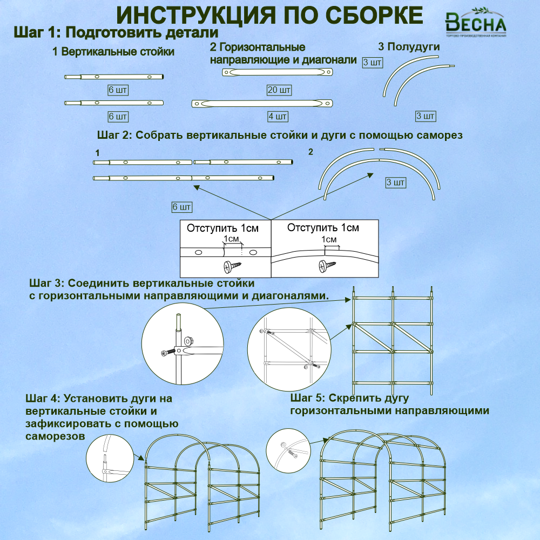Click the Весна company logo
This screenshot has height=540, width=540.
pos(476,22)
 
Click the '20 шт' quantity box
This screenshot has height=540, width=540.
pos(279,90)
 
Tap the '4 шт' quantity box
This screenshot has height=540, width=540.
pos(278,117)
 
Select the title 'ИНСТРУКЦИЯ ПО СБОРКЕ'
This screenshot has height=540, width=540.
pos(269,15)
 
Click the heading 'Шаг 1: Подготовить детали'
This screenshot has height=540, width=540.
pos(116,33)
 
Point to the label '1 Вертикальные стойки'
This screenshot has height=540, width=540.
pos(113,52)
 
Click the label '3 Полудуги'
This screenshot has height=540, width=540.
pos(409,46)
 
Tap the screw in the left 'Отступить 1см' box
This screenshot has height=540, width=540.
pos(232,266)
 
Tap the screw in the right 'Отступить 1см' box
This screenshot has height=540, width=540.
pos(327,266)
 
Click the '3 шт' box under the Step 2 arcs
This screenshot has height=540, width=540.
pos(396,183)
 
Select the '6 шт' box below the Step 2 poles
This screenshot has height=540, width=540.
pos(182,207)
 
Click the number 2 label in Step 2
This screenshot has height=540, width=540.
pos(310,152)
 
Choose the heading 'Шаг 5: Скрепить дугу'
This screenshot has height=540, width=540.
pos(349,398)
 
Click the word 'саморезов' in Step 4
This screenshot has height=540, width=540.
pos(55,436)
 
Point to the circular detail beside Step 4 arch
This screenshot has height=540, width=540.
pos(110,458)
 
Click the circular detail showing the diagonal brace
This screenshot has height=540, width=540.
pos(289,349)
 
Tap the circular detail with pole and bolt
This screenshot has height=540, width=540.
pos(183,344)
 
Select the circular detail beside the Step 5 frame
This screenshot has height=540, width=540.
pos(288,450)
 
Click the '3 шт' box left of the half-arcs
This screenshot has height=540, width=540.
pos(373,62)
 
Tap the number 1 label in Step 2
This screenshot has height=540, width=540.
pos(97,153)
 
